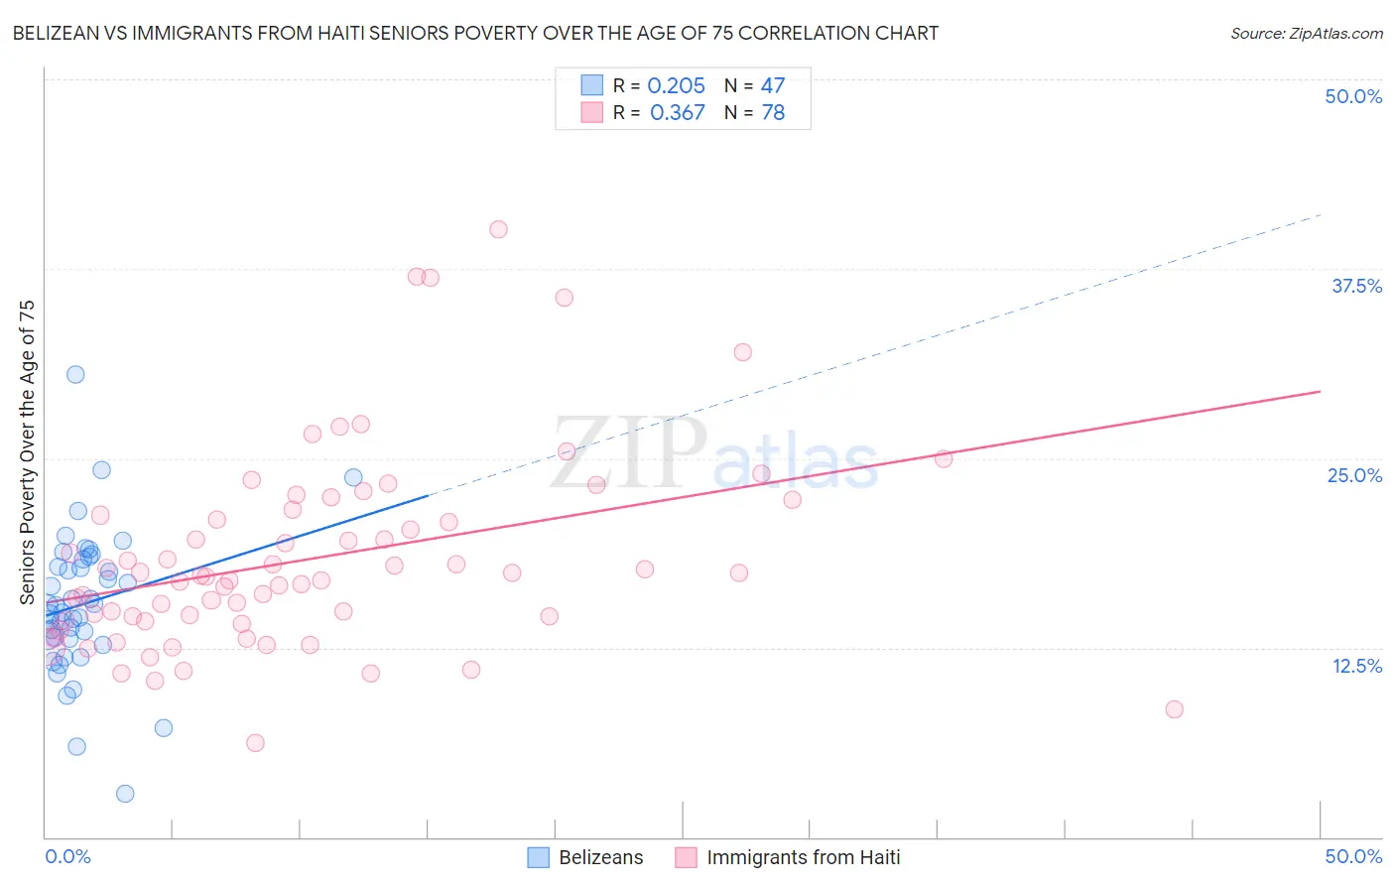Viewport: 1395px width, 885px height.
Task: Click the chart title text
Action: (475, 34)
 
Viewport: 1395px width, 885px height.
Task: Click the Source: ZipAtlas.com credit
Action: (1306, 34)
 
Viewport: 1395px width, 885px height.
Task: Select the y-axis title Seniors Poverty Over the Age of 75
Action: (27, 452)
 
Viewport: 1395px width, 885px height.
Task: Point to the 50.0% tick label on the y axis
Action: (1353, 96)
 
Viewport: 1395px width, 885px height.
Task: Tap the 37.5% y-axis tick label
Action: (1356, 286)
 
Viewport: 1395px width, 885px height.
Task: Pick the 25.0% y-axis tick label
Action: (1354, 475)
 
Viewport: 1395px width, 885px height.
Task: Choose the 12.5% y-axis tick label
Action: (1356, 666)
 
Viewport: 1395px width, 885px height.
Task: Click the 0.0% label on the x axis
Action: (67, 856)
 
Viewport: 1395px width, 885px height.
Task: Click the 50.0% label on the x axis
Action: (1353, 856)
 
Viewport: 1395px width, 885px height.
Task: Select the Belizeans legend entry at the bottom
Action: (600, 857)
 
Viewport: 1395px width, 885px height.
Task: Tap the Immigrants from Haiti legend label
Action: (803, 857)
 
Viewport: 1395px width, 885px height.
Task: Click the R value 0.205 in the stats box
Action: (676, 86)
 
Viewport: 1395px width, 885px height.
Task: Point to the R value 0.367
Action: (678, 113)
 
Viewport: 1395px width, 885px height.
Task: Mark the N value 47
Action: (773, 86)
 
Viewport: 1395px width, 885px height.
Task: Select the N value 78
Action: (773, 113)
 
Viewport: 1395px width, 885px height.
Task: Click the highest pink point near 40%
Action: (498, 229)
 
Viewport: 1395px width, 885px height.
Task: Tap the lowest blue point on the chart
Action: (125, 794)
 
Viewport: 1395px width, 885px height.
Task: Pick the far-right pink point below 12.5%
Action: (1174, 709)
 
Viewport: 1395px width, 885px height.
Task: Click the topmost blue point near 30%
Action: (75, 374)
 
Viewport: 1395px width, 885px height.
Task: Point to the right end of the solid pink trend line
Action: (1320, 392)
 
